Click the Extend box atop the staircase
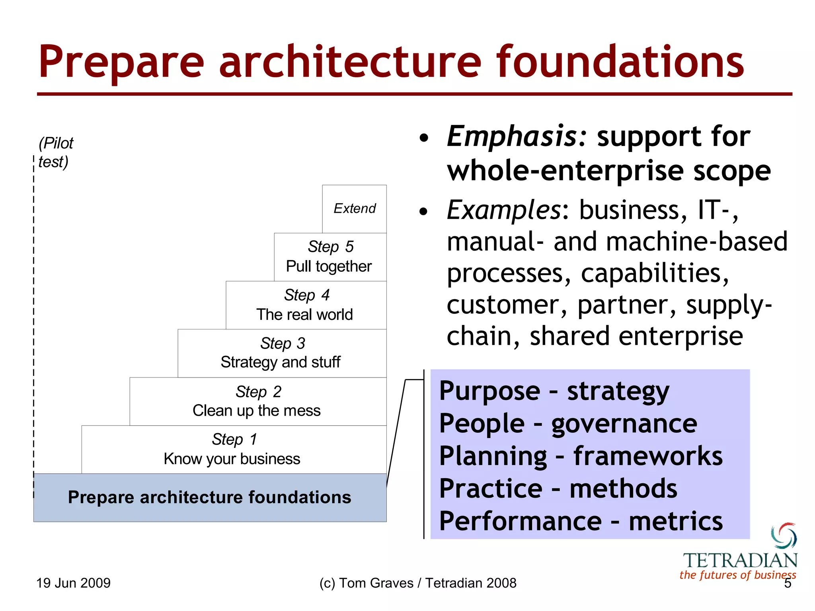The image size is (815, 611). click(354, 208)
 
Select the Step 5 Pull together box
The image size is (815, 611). click(330, 257)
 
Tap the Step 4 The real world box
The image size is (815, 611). click(306, 305)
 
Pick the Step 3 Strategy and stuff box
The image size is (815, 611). click(281, 353)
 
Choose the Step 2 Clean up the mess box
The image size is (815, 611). click(257, 401)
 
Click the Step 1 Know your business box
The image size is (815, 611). click(233, 449)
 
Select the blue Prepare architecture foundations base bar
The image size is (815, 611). click(210, 497)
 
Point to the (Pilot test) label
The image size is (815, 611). click(55, 152)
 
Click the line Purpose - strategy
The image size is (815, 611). click(554, 391)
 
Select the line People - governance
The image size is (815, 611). click(568, 424)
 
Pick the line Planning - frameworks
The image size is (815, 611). click(581, 456)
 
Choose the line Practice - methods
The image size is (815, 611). click(558, 489)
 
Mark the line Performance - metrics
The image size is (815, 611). click(581, 521)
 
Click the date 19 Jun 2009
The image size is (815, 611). click(73, 583)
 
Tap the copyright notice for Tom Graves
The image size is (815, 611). click(417, 583)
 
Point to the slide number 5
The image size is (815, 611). click(788, 584)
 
